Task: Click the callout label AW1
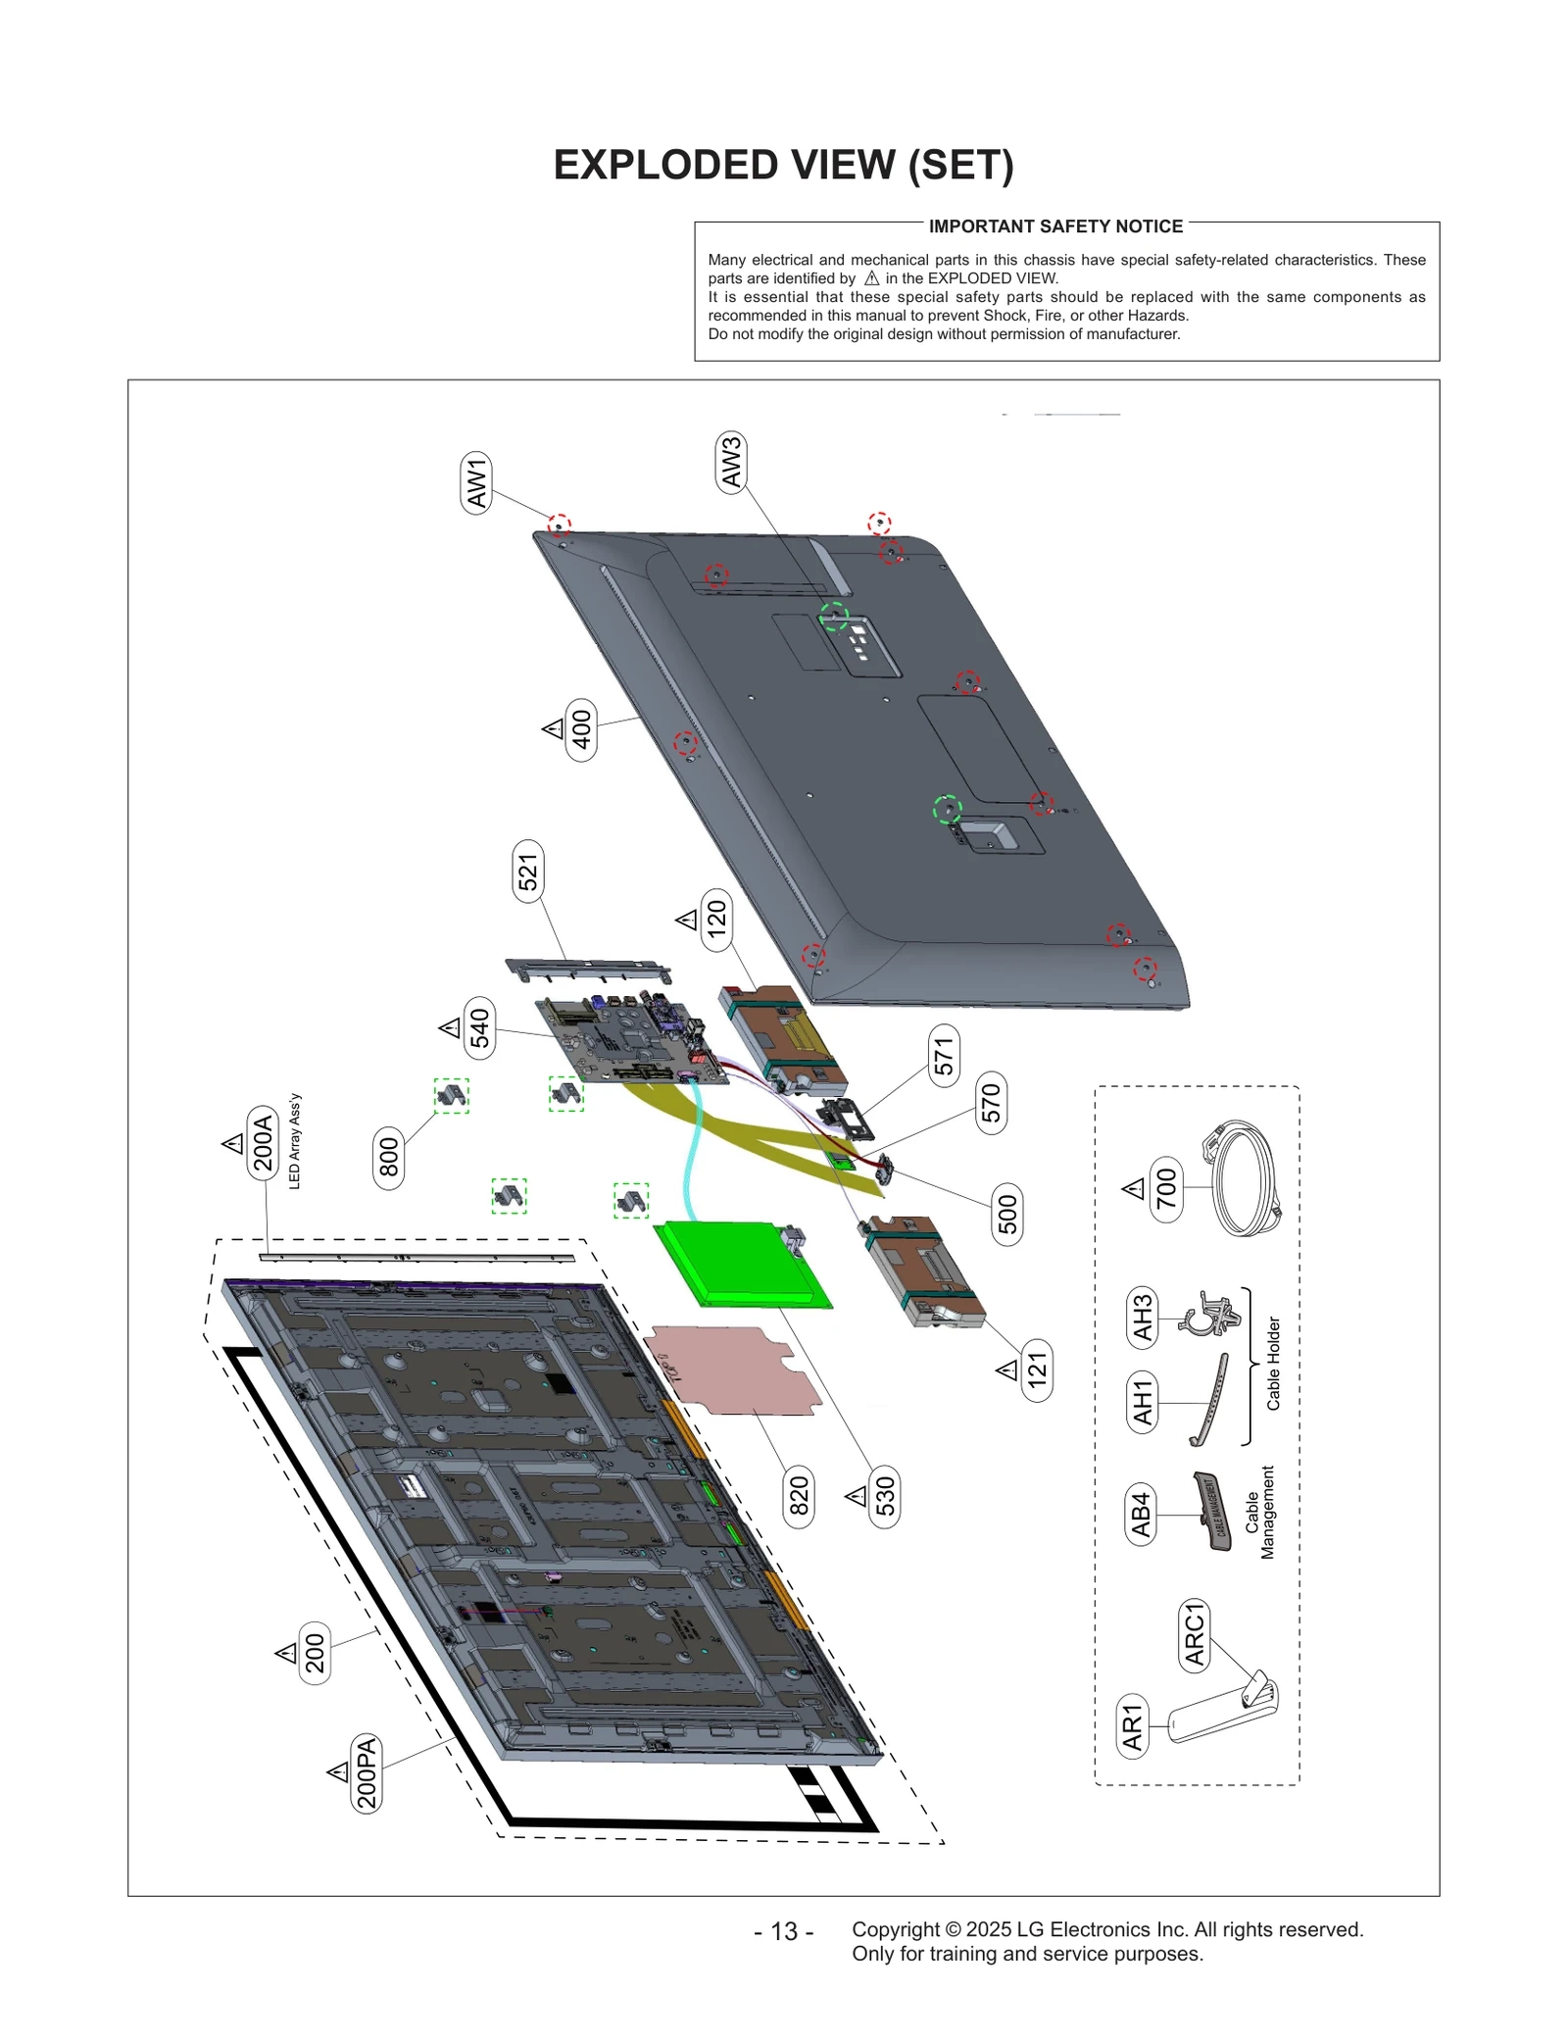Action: coord(476,483)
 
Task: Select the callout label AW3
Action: coord(731,462)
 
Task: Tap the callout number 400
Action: coord(581,729)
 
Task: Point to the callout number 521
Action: coord(528,872)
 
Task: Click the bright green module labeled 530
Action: coord(742,1265)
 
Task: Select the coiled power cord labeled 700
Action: coord(1242,1178)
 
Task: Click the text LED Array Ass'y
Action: coord(295,1141)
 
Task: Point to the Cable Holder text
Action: coord(1273,1364)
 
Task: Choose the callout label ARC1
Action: coord(1194,1634)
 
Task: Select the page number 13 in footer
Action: coord(783,1930)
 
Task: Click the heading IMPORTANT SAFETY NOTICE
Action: coord(1055,226)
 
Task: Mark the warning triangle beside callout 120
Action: coord(687,920)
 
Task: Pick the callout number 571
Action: coord(944,1056)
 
